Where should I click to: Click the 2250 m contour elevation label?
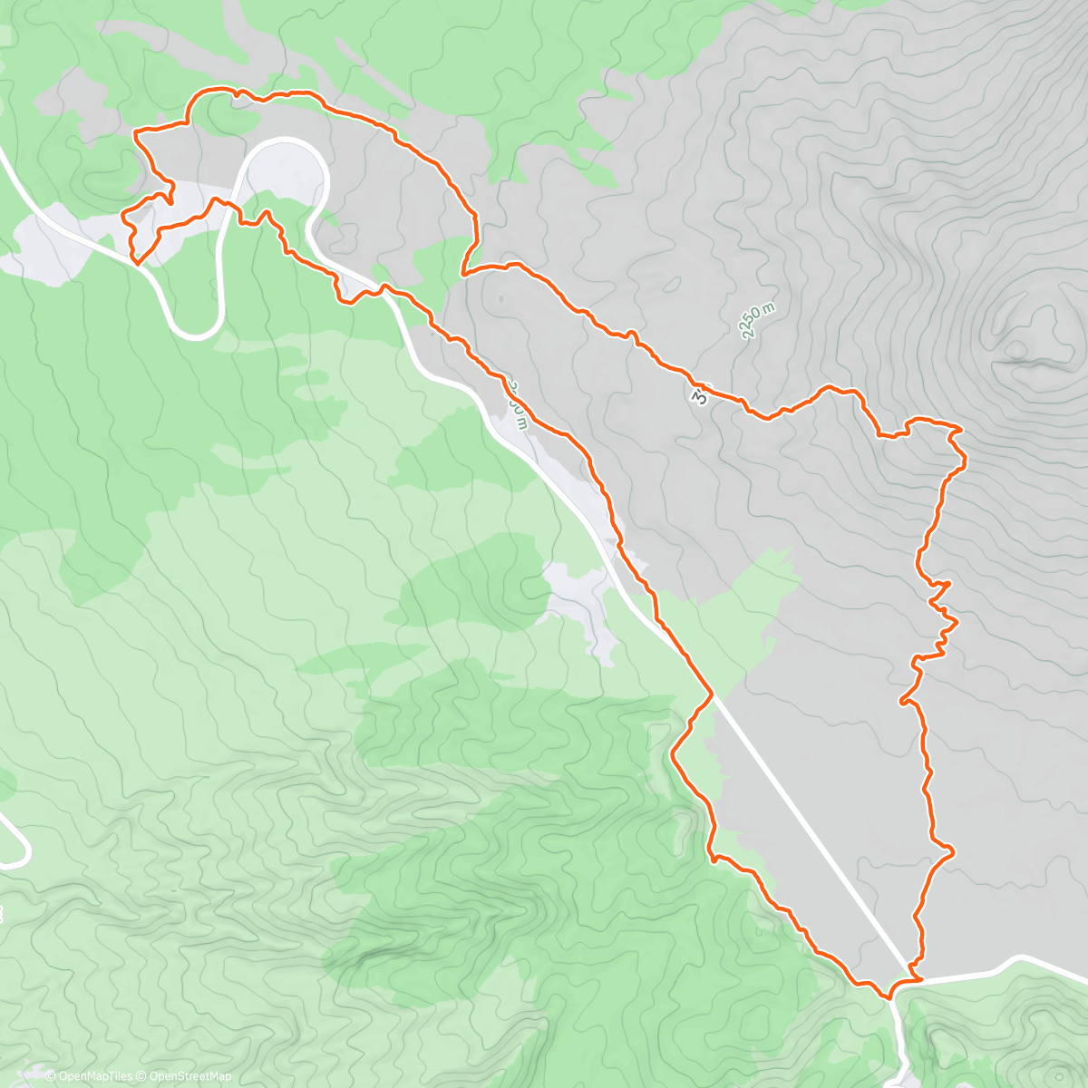[759, 321]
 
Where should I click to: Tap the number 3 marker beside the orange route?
[700, 396]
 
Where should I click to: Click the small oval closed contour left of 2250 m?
[671, 289]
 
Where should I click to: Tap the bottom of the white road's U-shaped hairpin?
[195, 334]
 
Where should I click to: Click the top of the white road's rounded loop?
[283, 141]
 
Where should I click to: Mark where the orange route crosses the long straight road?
[710, 695]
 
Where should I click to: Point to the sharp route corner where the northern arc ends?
[463, 272]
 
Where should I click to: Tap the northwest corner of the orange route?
[136, 133]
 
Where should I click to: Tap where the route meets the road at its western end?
[136, 262]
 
